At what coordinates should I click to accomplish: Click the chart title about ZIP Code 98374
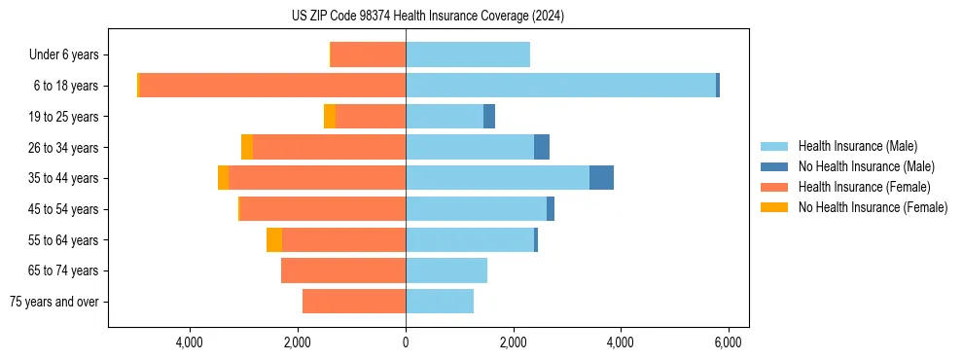(x=428, y=17)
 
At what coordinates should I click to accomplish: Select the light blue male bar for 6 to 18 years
(x=560, y=86)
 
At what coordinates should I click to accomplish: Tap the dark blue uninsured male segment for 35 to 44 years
(x=601, y=178)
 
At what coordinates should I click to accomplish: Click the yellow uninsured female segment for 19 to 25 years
(x=330, y=117)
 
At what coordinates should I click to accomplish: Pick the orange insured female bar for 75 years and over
(x=354, y=302)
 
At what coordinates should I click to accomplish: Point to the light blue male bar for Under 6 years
(x=468, y=54)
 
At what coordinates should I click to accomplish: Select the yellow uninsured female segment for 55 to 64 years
(x=274, y=240)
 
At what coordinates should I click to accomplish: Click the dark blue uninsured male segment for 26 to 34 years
(x=542, y=147)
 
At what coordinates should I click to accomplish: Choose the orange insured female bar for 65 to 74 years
(x=343, y=270)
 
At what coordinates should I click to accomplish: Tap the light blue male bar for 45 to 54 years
(x=476, y=209)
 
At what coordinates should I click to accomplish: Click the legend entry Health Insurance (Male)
(x=857, y=146)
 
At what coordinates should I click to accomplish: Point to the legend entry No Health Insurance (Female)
(x=873, y=207)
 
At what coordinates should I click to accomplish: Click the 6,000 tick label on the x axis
(x=729, y=342)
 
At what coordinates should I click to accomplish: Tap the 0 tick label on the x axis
(x=406, y=342)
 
